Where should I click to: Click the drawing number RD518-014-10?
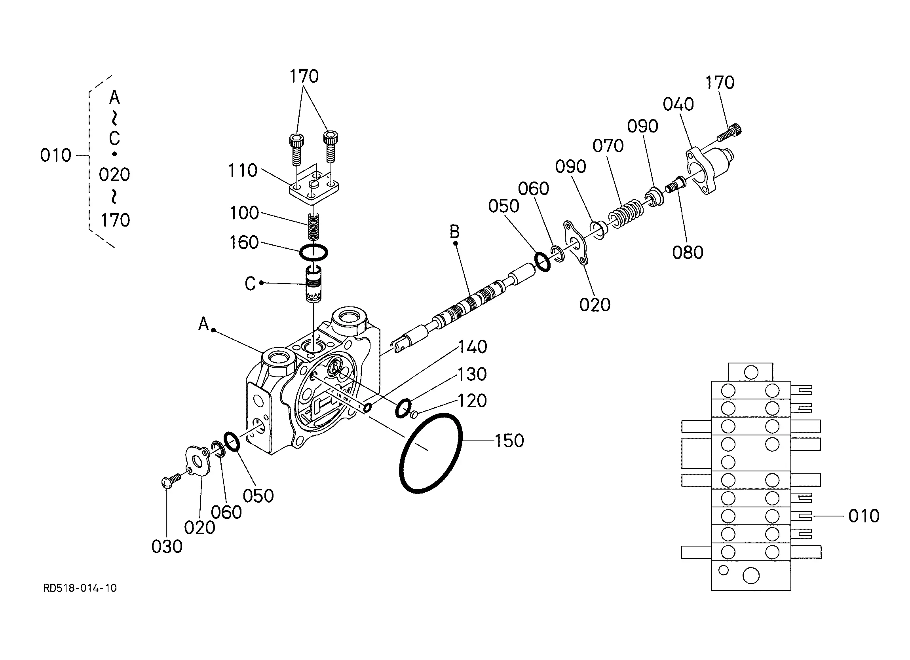pos(80,588)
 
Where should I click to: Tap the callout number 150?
pos(509,441)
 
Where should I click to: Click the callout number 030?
pos(167,547)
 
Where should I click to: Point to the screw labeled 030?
pos(170,481)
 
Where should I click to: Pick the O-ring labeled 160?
pos(314,252)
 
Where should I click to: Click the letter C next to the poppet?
pos(251,284)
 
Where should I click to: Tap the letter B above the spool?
pos(454,232)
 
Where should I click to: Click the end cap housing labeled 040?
pos(710,168)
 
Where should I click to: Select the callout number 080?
pos(688,253)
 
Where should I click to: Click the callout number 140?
pos(473,347)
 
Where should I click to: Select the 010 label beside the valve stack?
pos(863,516)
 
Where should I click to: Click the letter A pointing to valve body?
pos(204,323)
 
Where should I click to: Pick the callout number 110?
pos(243,171)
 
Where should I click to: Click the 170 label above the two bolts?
pos(304,76)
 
